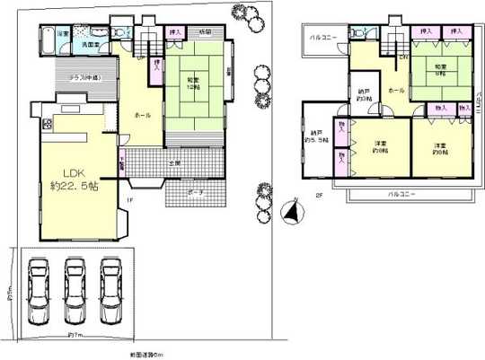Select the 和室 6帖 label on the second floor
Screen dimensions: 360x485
[x=440, y=72]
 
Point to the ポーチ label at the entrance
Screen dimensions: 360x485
[x=195, y=193]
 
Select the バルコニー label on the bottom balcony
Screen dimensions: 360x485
[x=401, y=195]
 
